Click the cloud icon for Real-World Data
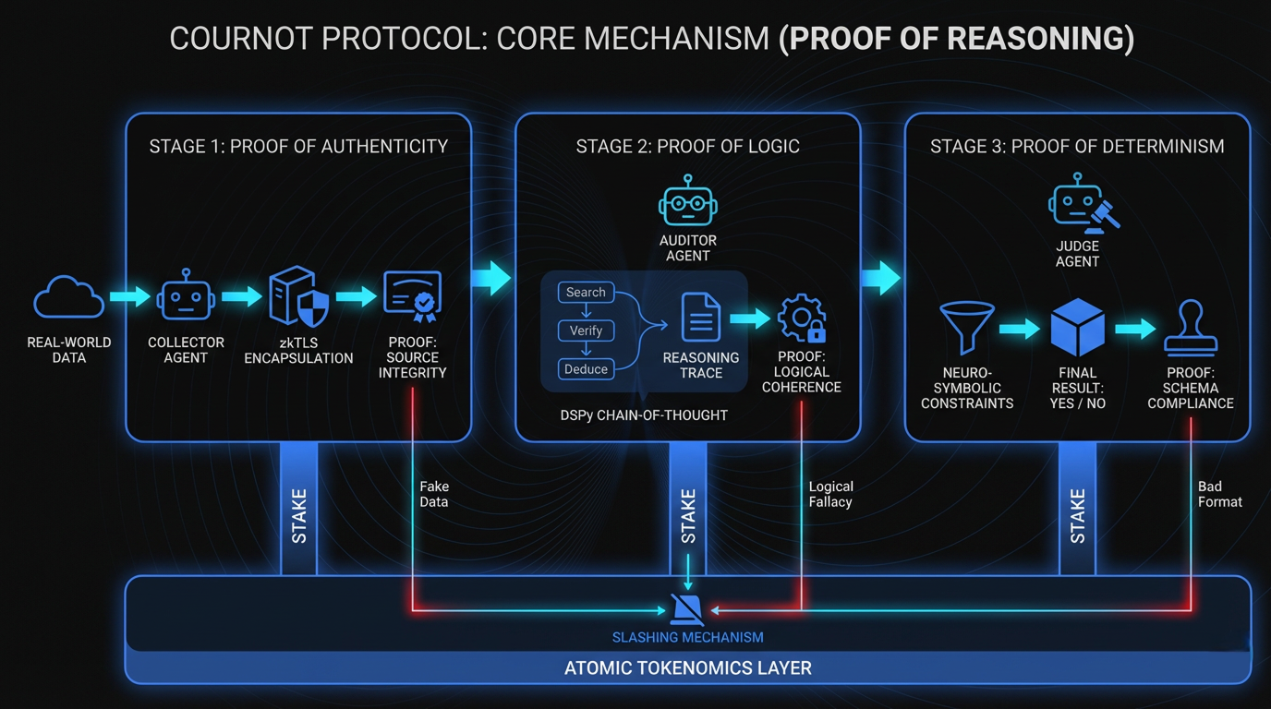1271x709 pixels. pyautogui.click(x=68, y=297)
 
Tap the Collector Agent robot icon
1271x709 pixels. pyautogui.click(x=186, y=297)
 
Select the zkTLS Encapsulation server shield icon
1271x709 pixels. pyautogui.click(x=298, y=297)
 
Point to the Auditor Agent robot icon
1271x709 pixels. pyautogui.click(x=687, y=201)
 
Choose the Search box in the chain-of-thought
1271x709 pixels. pyautogui.click(x=586, y=293)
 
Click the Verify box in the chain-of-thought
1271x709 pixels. pyautogui.click(x=586, y=330)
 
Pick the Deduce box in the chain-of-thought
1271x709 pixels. pyautogui.click(x=586, y=369)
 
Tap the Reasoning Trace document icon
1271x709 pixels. pyautogui.click(x=701, y=318)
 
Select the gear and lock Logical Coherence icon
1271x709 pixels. pyautogui.click(x=801, y=318)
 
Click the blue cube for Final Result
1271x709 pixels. pyautogui.click(x=1078, y=328)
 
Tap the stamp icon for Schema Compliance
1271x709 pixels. pyautogui.click(x=1191, y=328)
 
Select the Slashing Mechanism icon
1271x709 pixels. pyautogui.click(x=687, y=609)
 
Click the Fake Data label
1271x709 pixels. pyautogui.click(x=433, y=494)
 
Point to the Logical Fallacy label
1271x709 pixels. pyautogui.click(x=830, y=494)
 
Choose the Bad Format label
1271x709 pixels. pyautogui.click(x=1219, y=494)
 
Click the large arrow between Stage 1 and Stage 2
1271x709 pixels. pyautogui.click(x=492, y=277)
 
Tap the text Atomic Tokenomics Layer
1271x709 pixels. pyautogui.click(x=687, y=667)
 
